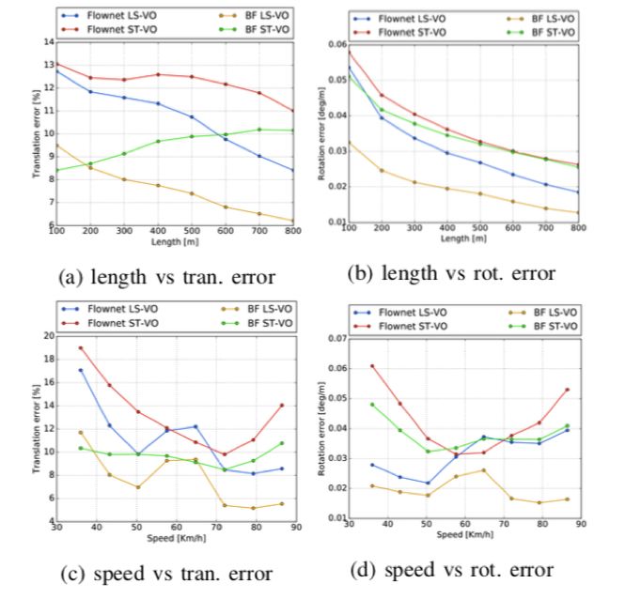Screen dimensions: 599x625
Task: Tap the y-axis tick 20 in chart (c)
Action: pyautogui.click(x=49, y=335)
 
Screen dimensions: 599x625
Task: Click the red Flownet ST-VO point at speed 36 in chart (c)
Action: pyautogui.click(x=81, y=348)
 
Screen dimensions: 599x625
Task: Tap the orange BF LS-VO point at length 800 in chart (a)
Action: pyautogui.click(x=293, y=221)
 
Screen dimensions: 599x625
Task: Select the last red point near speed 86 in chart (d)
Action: pyautogui.click(x=567, y=389)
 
